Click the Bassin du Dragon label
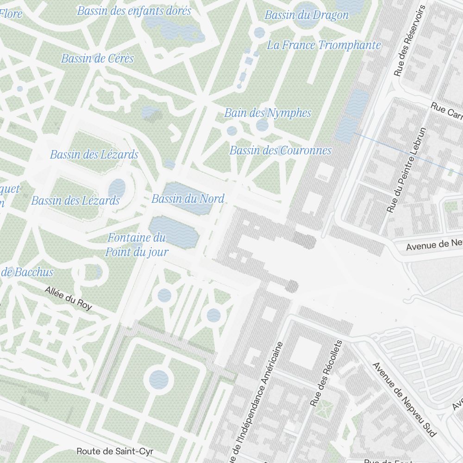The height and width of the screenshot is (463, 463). (x=307, y=15)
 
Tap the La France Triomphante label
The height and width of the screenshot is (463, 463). (x=324, y=45)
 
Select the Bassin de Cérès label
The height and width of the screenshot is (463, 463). (x=97, y=58)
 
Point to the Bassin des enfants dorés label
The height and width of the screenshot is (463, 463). (x=134, y=11)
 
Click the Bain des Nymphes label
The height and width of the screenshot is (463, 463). (x=268, y=113)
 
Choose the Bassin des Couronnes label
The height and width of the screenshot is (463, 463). (x=280, y=150)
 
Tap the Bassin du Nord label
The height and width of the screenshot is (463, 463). (x=188, y=199)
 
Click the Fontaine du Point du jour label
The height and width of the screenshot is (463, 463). (x=137, y=245)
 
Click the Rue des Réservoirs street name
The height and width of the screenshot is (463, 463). (x=409, y=41)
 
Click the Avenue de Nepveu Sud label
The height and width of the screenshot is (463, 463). (x=404, y=399)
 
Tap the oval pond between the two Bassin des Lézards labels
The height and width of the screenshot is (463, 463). (x=117, y=188)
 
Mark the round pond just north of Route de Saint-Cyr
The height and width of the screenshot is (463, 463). (x=159, y=379)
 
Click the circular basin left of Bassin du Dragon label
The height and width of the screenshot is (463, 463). (x=259, y=32)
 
